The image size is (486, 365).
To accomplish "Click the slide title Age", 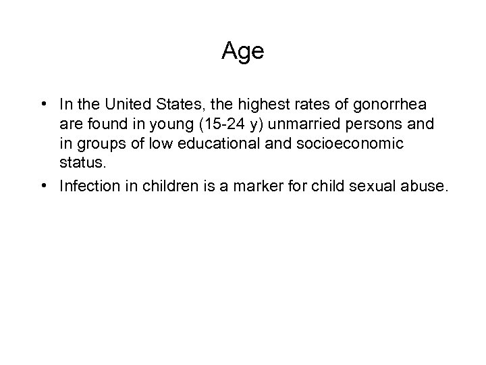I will [243, 51].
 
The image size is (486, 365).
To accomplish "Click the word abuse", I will [423, 186].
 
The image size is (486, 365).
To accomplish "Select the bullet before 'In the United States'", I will [43, 105].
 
